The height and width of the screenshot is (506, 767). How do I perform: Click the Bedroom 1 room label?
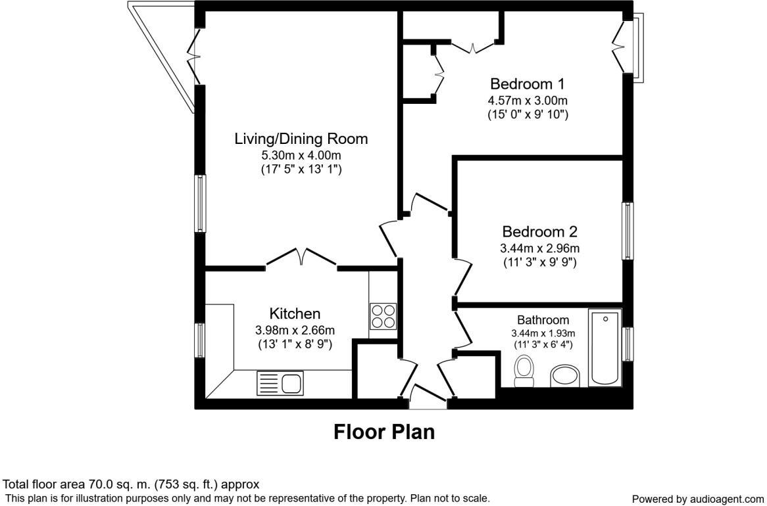coord(528,83)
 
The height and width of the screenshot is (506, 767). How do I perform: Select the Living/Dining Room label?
coord(301,139)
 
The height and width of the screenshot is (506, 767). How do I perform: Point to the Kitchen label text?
coord(295,313)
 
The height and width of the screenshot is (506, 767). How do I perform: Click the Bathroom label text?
coord(543,320)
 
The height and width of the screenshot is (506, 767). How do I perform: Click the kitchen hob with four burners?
coord(383,316)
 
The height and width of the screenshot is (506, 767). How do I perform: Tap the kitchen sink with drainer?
coord(280,383)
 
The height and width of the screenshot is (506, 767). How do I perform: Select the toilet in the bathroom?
coord(524,371)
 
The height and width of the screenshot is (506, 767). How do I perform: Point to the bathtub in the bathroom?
coord(605,347)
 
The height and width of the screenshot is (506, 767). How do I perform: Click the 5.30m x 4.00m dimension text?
coord(301,156)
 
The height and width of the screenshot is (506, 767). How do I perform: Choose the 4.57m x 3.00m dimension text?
coord(528,101)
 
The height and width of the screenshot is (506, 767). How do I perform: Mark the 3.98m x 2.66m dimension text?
coord(295,331)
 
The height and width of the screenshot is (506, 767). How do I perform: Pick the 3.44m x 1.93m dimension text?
coord(543,333)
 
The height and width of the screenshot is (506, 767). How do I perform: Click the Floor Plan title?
coord(384,432)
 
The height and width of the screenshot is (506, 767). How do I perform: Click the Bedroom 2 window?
coord(628,231)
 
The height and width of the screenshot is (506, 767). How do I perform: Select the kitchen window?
coord(200,340)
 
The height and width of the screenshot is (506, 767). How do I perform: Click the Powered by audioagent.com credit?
coord(697,499)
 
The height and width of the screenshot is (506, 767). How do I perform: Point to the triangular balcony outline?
coord(161,57)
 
